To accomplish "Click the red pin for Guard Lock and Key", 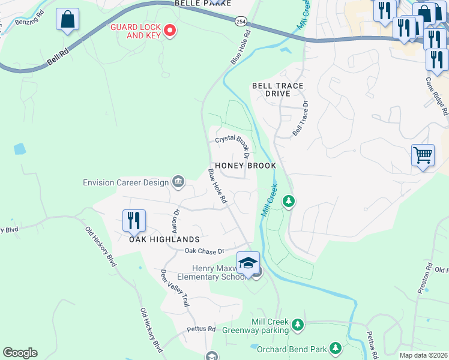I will [x=170, y=30].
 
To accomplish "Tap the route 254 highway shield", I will [x=239, y=20].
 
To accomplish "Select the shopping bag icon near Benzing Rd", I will [x=67, y=19].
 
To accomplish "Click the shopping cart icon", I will [x=423, y=155].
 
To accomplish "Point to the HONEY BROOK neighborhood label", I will [x=245, y=166].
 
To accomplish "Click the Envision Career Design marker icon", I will [x=178, y=181].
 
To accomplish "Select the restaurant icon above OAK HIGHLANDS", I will [x=134, y=220].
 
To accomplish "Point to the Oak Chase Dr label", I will [x=204, y=251].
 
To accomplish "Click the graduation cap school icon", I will [x=248, y=262].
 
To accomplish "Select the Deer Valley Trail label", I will [x=174, y=290].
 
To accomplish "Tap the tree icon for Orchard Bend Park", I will [x=335, y=348].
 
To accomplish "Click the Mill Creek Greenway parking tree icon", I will [x=297, y=325].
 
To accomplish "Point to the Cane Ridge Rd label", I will [x=436, y=96].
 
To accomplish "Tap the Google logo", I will [x=20, y=353].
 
